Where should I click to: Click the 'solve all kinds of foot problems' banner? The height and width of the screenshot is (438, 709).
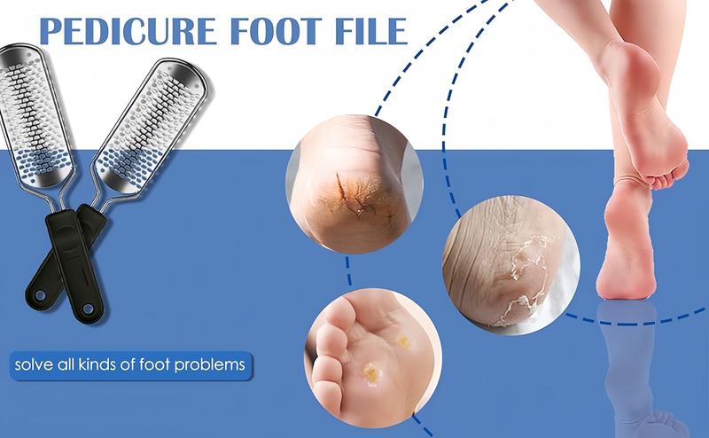[x=130, y=364]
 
